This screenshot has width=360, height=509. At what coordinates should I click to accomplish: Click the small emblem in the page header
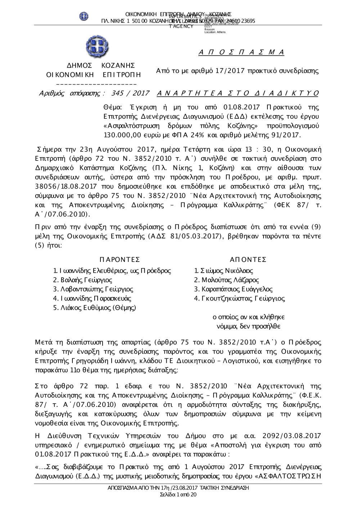tap(84, 16)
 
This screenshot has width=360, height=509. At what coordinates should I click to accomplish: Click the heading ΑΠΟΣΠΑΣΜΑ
tap(242, 53)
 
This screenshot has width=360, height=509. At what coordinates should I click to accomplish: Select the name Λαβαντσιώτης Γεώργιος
tap(93, 289)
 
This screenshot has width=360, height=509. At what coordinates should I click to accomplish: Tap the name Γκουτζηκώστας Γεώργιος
tap(239, 299)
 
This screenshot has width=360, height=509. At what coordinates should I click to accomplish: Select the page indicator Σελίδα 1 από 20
tap(178, 495)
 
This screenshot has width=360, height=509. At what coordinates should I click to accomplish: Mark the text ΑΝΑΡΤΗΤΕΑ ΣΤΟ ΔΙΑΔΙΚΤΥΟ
tap(238, 94)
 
